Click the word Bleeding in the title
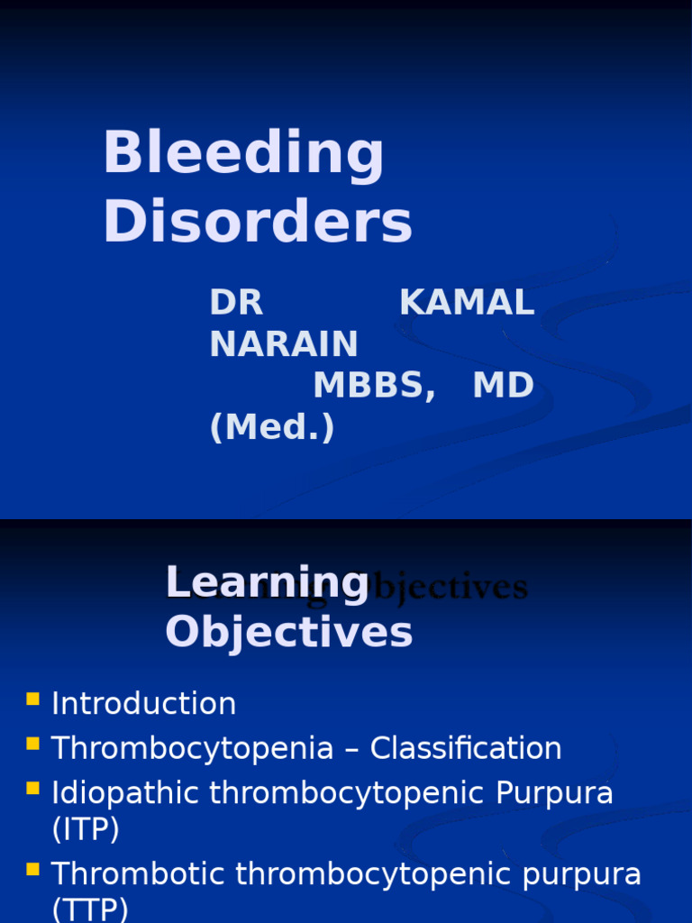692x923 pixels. point(243,153)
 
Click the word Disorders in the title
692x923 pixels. point(258,222)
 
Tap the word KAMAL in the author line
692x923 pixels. point(467,304)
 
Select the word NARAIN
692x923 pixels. point(284,344)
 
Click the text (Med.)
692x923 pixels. point(272,427)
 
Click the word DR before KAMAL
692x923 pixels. point(236,304)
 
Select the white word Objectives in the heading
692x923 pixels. point(288,632)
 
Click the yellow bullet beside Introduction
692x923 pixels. point(33,699)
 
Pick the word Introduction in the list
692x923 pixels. point(144,704)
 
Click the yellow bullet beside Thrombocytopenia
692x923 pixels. point(33,744)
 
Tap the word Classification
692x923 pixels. point(466,748)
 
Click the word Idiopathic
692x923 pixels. point(126,793)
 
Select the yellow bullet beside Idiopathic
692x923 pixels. point(33,789)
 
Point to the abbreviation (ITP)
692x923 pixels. point(86,830)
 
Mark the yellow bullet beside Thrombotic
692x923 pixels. point(33,870)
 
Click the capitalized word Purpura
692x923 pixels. point(556,793)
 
